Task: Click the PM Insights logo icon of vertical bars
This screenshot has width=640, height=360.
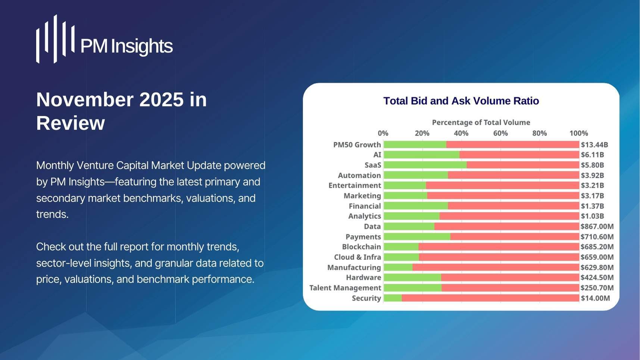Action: click(x=55, y=39)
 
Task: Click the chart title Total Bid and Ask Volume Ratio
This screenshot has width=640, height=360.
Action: click(x=461, y=101)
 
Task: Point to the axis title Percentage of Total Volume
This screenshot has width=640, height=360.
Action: click(x=481, y=122)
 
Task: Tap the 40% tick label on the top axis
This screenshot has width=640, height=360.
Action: click(x=461, y=133)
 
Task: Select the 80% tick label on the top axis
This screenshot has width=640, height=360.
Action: click(x=539, y=133)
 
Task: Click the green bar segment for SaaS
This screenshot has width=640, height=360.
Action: click(x=425, y=165)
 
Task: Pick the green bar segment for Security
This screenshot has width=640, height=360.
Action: click(x=393, y=298)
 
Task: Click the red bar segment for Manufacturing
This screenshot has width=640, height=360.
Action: click(x=496, y=267)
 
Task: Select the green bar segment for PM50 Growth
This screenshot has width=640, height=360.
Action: click(x=415, y=145)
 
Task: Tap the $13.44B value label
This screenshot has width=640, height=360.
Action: click(x=594, y=145)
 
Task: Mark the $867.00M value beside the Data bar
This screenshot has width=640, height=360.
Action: click(x=597, y=226)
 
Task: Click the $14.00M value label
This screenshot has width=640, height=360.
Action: click(x=595, y=298)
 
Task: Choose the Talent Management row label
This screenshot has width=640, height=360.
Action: click(x=345, y=288)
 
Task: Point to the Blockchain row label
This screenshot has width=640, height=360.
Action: click(x=361, y=247)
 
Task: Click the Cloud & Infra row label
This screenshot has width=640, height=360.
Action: click(x=357, y=257)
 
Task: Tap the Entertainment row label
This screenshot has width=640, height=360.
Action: click(x=355, y=186)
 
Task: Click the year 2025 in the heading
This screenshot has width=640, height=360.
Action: click(x=161, y=100)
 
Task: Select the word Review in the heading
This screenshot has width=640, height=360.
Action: click(x=71, y=123)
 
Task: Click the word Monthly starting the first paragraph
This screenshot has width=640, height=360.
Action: click(x=55, y=165)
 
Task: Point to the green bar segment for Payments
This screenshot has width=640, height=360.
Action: click(x=417, y=237)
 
